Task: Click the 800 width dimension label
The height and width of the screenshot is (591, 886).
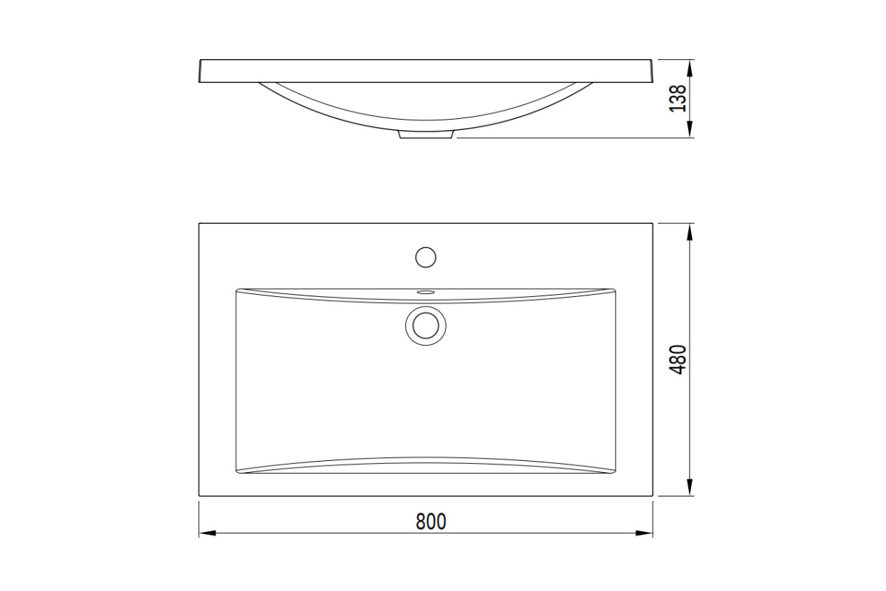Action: (x=430, y=522)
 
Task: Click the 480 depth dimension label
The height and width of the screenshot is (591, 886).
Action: (x=679, y=360)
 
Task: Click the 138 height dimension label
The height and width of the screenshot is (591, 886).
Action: (x=678, y=98)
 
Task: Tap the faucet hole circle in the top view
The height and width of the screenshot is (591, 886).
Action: (x=425, y=257)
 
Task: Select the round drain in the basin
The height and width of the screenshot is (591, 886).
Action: (x=425, y=326)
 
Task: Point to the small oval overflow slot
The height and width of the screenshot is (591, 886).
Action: (x=425, y=293)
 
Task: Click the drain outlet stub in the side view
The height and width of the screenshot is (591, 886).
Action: (x=425, y=135)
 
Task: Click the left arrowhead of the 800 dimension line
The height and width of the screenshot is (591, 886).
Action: (x=207, y=533)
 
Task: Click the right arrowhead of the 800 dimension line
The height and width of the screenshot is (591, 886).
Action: (x=644, y=533)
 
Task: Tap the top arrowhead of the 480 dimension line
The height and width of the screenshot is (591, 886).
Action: (x=690, y=232)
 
